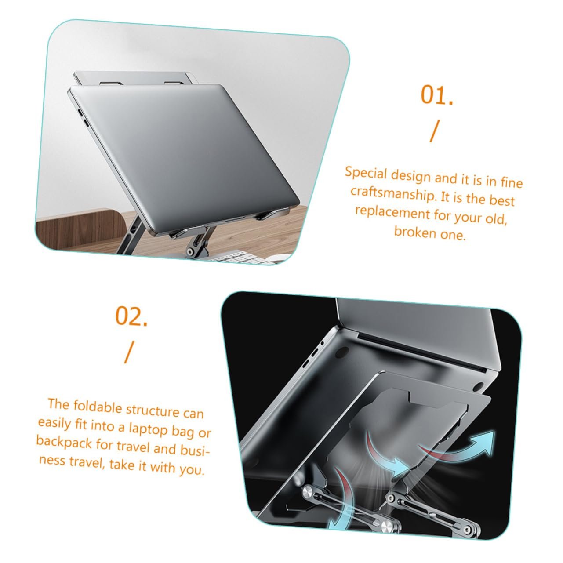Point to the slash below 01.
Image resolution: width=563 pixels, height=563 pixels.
[x=435, y=131]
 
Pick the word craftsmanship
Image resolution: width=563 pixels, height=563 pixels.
[x=392, y=193]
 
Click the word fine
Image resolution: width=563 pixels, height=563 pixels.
[x=511, y=182]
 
